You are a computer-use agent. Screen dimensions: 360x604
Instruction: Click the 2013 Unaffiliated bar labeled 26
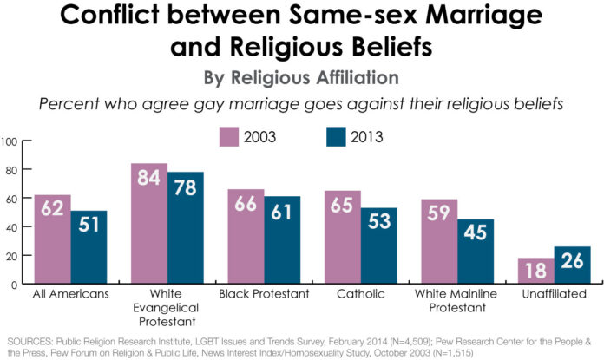(x=573, y=265)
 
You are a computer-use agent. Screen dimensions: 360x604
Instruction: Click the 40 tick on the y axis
(x=12, y=227)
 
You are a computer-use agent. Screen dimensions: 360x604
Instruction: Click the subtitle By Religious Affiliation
(x=301, y=78)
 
